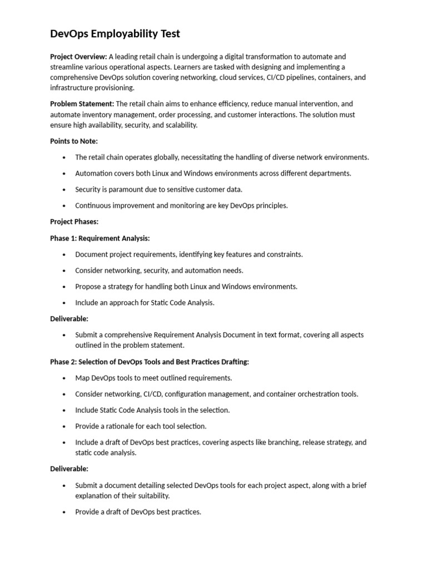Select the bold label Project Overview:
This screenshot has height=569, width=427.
78,57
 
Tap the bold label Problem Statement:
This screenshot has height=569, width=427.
82,104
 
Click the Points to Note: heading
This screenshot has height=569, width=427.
74,141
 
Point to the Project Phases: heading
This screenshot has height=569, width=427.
74,222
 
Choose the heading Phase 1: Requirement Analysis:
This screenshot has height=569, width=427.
100,238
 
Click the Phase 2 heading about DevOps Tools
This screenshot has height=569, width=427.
150,362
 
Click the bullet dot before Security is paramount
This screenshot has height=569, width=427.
64,189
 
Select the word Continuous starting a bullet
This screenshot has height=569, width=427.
92,206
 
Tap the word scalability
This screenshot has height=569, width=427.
178,126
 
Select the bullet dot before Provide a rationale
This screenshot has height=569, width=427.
64,426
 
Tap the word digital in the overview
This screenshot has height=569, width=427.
256,57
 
